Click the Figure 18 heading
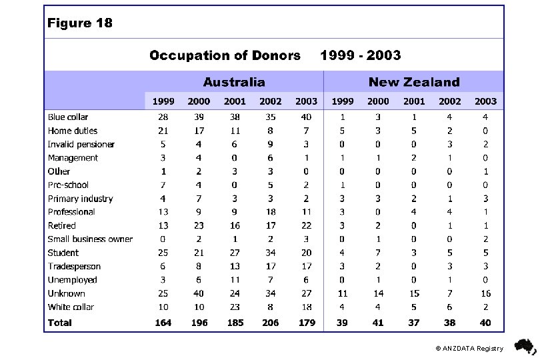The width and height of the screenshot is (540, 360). [80, 23]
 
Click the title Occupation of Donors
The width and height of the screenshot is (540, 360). [225, 55]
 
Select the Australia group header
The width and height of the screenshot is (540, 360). [233, 83]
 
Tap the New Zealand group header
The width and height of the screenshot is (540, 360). [413, 83]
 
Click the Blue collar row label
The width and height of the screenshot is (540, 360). [68, 117]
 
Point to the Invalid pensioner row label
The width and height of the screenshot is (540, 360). [81, 145]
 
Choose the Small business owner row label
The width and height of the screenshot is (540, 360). [90, 239]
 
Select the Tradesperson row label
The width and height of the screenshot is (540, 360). [74, 267]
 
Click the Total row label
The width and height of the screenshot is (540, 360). [60, 323]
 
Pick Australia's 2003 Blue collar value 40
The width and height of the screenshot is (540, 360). [306, 117]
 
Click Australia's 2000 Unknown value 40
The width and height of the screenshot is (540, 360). [199, 293]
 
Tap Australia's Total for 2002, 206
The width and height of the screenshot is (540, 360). [270, 323]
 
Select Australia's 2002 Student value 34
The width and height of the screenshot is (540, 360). [270, 253]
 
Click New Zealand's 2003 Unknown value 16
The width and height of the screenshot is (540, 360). [485, 293]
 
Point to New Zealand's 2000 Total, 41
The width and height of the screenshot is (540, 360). [378, 323]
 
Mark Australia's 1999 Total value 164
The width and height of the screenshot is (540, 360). [163, 323]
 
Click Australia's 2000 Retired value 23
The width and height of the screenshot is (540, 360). [199, 226]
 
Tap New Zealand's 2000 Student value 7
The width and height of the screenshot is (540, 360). [378, 253]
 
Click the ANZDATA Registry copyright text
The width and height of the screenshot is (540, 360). [469, 349]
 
